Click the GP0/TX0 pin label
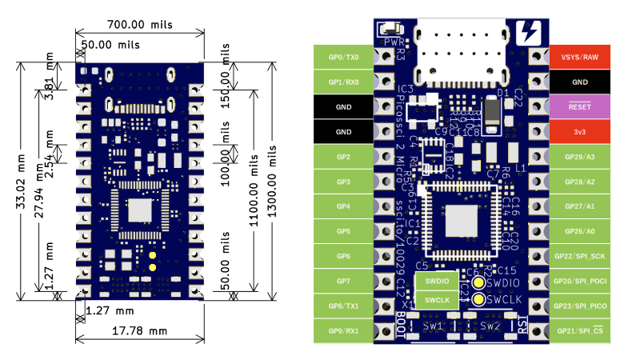[344, 57]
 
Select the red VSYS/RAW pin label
[579, 57]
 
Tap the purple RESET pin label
[579, 106]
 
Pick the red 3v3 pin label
[579, 131]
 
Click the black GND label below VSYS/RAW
[579, 82]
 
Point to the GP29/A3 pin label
[579, 157]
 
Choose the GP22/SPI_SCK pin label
[579, 256]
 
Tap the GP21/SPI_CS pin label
[579, 330]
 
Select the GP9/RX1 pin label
[344, 330]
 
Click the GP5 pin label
[344, 231]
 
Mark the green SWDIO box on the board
[436, 282]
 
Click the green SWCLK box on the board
[436, 300]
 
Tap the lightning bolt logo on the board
[529, 32]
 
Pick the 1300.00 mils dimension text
[273, 180]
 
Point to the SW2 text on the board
[490, 326]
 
